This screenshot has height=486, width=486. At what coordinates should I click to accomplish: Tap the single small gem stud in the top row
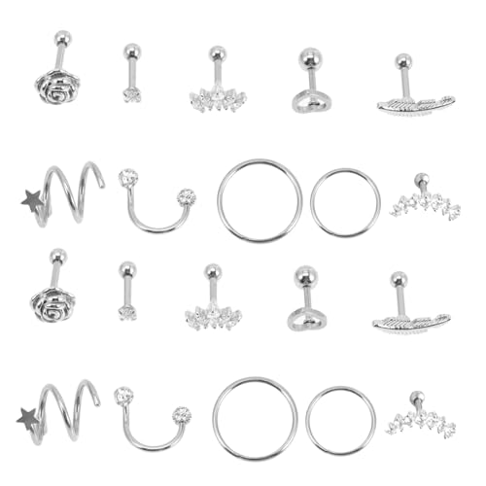click(131, 93)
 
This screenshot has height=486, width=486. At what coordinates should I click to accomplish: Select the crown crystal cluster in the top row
click(216, 97)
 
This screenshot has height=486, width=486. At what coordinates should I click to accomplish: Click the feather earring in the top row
click(412, 103)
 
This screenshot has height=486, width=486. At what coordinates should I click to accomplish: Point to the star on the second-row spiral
click(32, 201)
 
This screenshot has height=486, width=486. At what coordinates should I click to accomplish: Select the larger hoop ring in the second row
click(259, 200)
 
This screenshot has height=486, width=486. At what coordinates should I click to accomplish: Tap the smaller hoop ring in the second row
click(345, 202)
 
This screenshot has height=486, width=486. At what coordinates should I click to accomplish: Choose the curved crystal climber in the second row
click(424, 203)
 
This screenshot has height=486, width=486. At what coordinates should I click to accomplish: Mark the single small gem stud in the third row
click(127, 311)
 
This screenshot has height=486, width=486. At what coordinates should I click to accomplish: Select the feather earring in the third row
click(409, 321)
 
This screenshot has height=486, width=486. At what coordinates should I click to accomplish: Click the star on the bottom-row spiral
click(28, 419)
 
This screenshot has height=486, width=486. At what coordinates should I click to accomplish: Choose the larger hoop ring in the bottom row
click(255, 418)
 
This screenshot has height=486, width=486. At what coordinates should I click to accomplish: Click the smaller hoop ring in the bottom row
click(340, 420)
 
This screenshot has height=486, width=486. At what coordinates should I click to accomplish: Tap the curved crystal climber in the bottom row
click(420, 421)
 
